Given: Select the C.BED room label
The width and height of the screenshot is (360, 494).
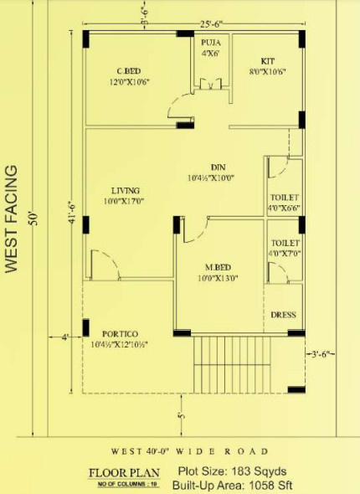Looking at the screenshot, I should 127,70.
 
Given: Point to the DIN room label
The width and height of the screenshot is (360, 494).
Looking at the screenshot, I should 219,167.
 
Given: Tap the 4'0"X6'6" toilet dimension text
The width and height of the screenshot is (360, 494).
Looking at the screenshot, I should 283,207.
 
